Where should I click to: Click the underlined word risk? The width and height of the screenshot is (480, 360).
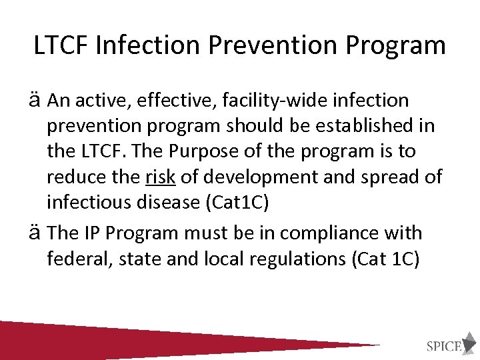tap(160, 177)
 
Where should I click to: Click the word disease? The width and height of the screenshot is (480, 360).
tap(161, 202)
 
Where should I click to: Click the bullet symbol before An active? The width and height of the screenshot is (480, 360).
tap(37, 101)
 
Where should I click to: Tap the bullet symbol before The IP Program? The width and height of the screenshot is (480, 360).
tap(37, 233)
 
